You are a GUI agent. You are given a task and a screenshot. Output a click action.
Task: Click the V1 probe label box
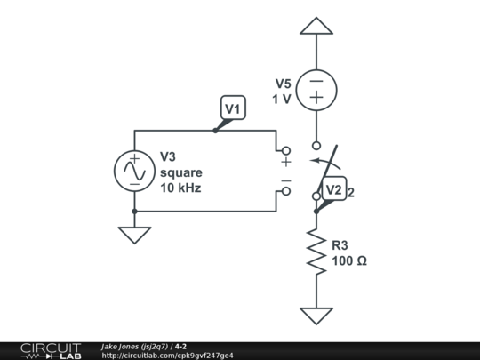[x=232, y=109]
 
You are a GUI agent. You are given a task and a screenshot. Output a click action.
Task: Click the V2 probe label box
[x=333, y=189]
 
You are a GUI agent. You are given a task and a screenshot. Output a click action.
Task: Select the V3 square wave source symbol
[x=134, y=172]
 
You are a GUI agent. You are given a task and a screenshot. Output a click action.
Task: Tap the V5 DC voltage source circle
[x=316, y=92]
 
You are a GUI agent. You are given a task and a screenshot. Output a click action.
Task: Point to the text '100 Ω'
[x=349, y=261]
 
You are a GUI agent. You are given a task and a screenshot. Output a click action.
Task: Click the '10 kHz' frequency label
[x=180, y=188]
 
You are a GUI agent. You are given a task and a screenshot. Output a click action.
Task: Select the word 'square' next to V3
[x=181, y=172]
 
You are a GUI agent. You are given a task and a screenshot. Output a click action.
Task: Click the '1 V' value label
[x=282, y=99]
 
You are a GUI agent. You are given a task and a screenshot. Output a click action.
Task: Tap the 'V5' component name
[x=283, y=84]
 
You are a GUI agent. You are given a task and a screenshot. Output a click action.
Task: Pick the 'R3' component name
[x=342, y=245]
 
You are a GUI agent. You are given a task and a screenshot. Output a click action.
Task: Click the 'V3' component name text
[x=170, y=156]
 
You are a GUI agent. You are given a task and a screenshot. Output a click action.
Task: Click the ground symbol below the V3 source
[x=134, y=235]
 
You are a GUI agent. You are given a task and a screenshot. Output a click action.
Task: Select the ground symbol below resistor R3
[x=316, y=315]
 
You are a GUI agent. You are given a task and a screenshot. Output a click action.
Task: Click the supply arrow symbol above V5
[x=316, y=26]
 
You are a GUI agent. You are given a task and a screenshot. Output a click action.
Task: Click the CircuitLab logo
[x=51, y=350]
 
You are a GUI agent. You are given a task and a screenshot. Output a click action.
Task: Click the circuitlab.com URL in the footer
[x=168, y=356]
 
